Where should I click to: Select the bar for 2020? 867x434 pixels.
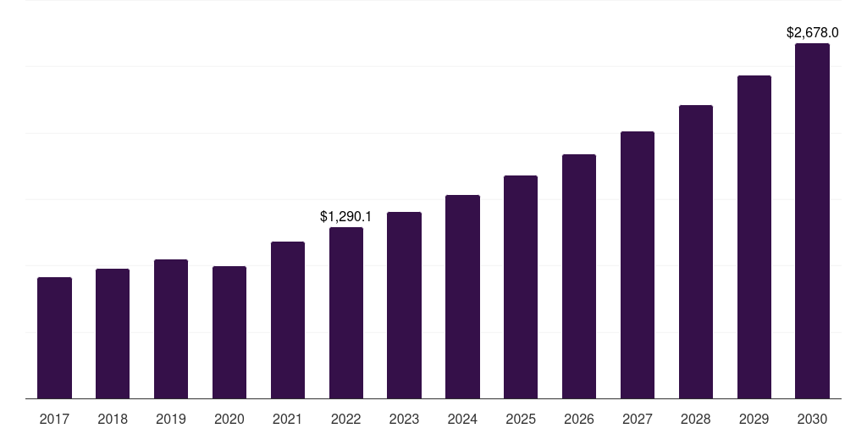coord(229,332)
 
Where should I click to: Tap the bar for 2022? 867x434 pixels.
coord(346,313)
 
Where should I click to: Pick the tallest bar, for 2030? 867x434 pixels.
coord(812,220)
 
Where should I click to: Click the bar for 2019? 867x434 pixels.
coord(171,329)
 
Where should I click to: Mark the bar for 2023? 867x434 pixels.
coord(404,305)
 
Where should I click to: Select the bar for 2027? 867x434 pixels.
coord(638,264)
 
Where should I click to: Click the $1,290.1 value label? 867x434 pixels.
coord(345,217)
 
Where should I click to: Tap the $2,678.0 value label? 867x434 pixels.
coord(812,33)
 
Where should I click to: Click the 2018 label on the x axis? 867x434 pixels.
coord(113,419)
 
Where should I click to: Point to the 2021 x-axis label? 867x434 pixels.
coord(288,419)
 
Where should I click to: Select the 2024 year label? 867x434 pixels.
coord(462,419)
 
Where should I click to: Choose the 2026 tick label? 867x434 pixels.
coord(579,419)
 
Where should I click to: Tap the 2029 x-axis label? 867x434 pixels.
coord(754,419)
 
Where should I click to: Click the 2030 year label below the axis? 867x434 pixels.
coord(812,419)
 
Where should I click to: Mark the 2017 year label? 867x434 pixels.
coord(54,419)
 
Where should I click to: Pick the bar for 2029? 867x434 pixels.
coord(754,236)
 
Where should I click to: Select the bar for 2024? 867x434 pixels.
coord(462,297)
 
